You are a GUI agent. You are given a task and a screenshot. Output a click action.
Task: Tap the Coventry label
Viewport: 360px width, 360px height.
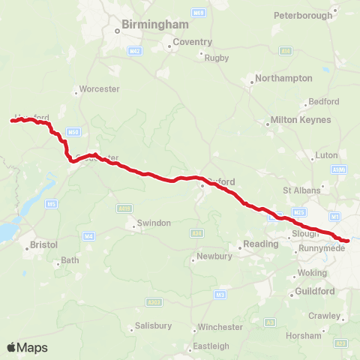[x=192, y=42]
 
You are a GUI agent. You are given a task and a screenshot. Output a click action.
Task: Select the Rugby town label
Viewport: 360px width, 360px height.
[x=217, y=58]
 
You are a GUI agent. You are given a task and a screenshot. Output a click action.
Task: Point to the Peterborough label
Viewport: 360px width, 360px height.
[x=302, y=15]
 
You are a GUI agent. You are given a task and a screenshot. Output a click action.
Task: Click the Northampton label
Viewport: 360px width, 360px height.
[x=283, y=78]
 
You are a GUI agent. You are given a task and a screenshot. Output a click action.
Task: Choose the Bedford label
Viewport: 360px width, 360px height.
[x=323, y=101]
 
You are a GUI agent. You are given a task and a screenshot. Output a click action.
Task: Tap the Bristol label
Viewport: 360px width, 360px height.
[x=43, y=245]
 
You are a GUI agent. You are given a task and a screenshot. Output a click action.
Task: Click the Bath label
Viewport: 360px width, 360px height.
[x=69, y=260]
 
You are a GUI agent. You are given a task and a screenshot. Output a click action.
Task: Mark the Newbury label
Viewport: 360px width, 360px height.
[x=212, y=257]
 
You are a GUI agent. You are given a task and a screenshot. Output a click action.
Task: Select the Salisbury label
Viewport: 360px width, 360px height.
[x=153, y=326]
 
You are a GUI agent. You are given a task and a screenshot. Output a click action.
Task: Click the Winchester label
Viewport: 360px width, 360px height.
[x=220, y=327]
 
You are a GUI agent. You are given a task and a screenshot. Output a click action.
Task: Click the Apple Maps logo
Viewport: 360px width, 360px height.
[x=27, y=347]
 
